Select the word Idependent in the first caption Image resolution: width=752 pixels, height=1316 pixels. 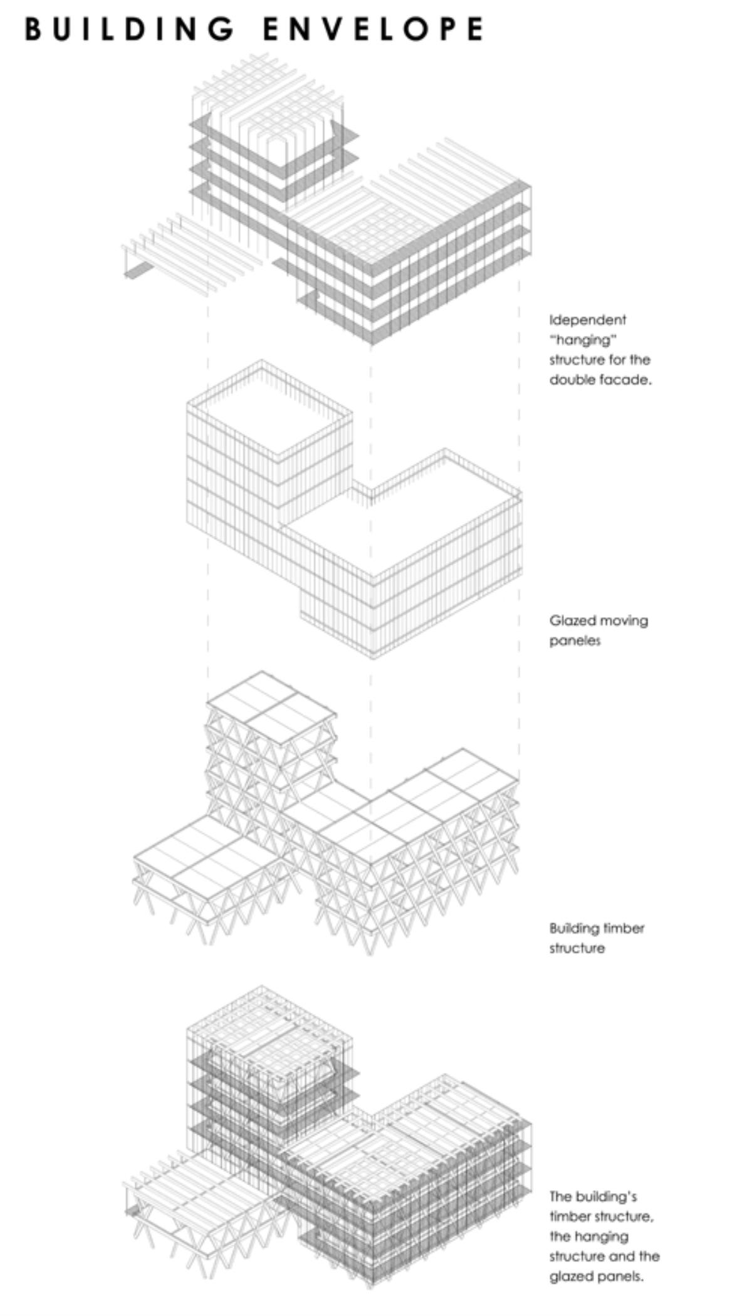588,320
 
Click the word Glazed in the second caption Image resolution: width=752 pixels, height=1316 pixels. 572,620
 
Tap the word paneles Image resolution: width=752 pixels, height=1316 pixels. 575,641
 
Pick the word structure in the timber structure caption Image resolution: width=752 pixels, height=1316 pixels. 577,949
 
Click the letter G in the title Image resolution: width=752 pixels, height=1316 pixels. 222,29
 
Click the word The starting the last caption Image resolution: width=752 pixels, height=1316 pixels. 562,1196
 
